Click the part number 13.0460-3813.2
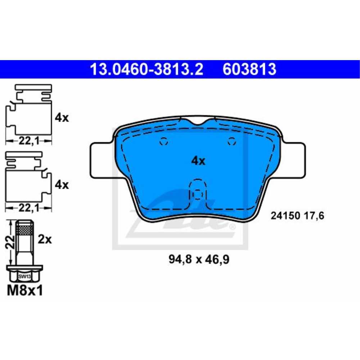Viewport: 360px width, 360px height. (147, 69)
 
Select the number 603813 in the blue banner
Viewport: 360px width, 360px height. (249, 69)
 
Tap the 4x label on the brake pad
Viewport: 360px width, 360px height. (198, 161)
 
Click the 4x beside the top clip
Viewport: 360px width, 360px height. (62, 118)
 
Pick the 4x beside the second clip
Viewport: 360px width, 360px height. (62, 185)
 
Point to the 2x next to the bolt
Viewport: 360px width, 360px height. (45, 239)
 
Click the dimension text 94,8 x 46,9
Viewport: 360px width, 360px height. (198, 259)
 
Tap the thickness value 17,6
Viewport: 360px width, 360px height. (315, 216)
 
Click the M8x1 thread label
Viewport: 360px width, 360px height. (25, 291)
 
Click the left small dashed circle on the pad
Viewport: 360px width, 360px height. (164, 142)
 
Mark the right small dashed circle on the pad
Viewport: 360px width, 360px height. (231, 142)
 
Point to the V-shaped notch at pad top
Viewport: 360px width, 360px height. (198, 122)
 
